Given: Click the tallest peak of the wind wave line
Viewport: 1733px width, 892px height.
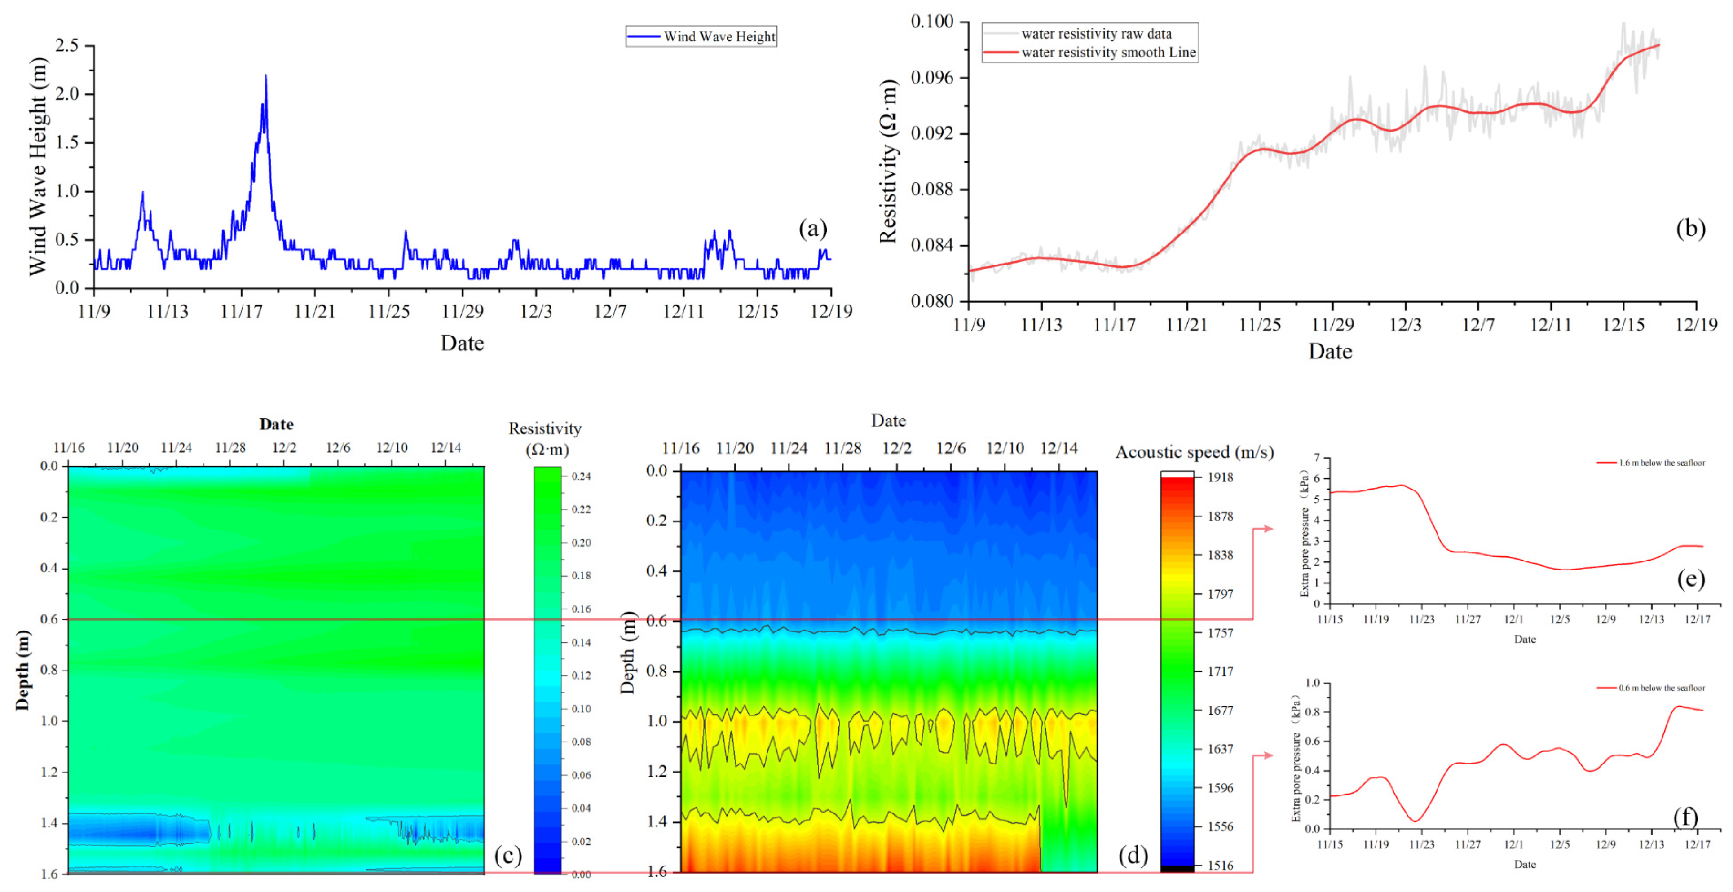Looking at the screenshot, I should pyautogui.click(x=266, y=76).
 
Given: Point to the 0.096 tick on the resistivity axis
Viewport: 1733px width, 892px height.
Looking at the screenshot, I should pyautogui.click(x=932, y=77).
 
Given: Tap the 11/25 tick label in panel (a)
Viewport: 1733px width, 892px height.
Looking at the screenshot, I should pyautogui.click(x=388, y=311).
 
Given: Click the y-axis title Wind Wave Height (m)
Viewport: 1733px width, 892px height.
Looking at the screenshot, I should pyautogui.click(x=38, y=166).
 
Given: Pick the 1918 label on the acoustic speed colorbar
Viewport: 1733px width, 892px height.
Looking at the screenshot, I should pyautogui.click(x=1220, y=477).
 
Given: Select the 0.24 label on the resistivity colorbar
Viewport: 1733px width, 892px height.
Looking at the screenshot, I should pyautogui.click(x=581, y=476).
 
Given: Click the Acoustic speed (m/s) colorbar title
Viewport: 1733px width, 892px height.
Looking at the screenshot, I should pyautogui.click(x=1194, y=452).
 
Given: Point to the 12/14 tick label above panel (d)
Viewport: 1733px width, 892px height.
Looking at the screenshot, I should pyautogui.click(x=1059, y=448).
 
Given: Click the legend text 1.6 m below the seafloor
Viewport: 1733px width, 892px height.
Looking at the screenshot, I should pyautogui.click(x=1662, y=463).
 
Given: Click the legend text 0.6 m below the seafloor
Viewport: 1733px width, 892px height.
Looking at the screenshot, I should pyautogui.click(x=1662, y=688).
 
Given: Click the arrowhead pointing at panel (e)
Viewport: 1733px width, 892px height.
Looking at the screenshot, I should pyautogui.click(x=1268, y=528).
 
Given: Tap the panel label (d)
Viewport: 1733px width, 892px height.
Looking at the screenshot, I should pyautogui.click(x=1133, y=855).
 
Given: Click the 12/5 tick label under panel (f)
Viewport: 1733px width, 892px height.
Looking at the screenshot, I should pyautogui.click(x=1560, y=844).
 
